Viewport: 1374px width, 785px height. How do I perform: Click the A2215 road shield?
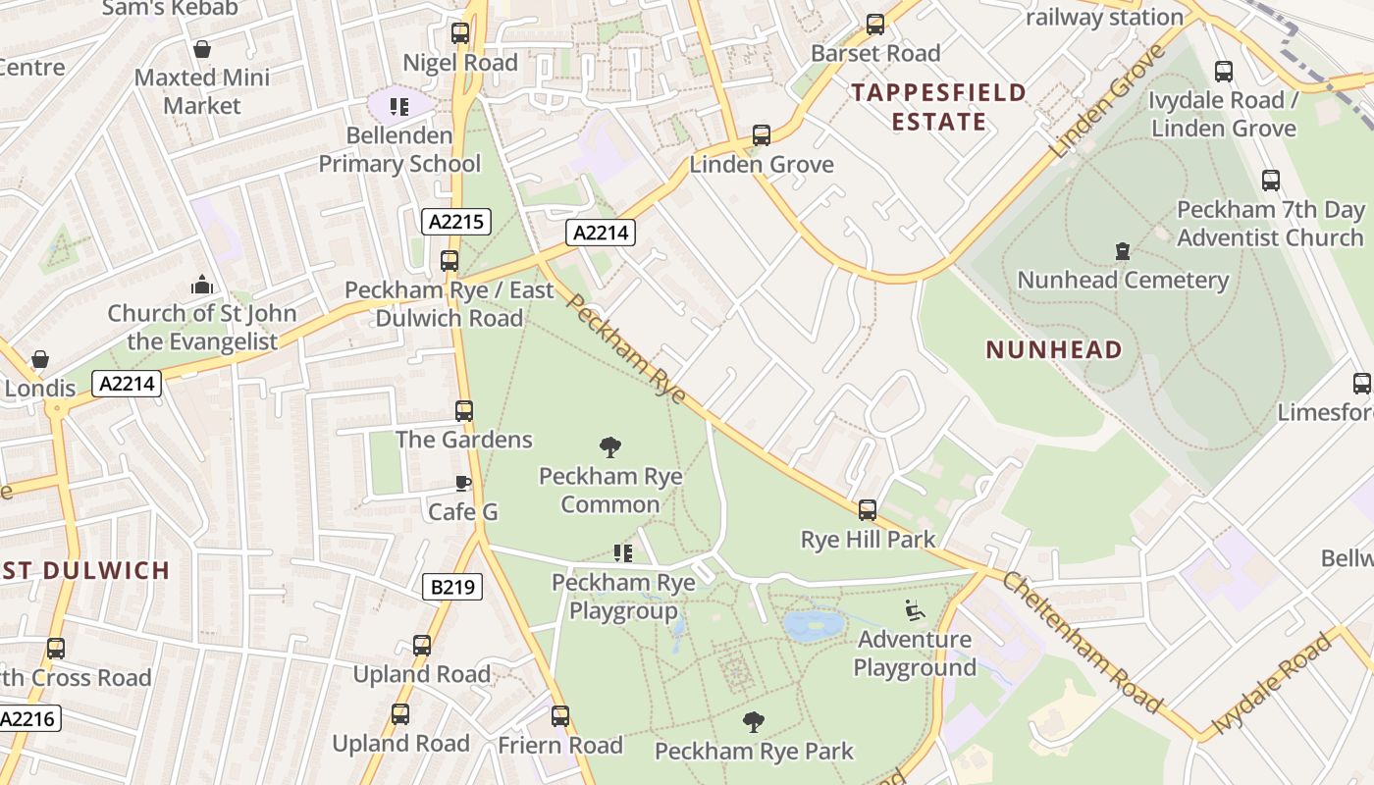click(456, 222)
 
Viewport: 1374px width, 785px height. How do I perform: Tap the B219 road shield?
click(452, 587)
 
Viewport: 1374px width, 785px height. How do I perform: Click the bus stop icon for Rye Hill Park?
click(868, 510)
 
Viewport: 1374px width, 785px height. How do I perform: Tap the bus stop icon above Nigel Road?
click(460, 33)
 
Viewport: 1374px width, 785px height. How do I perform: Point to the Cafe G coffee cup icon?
click(463, 483)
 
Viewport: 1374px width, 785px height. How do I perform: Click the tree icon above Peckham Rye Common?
click(610, 447)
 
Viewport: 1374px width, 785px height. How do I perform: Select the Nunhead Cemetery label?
click(1123, 280)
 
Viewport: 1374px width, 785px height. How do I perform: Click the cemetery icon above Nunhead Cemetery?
click(1123, 252)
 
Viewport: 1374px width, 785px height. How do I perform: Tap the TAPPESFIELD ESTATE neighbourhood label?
click(938, 107)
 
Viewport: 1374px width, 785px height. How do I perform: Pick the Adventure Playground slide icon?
click(915, 610)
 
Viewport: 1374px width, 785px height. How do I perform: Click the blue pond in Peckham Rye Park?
click(815, 625)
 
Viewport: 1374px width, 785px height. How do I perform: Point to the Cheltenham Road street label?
click(1082, 642)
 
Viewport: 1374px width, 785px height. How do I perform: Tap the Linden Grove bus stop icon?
click(762, 135)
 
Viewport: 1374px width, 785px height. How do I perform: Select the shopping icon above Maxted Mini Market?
click(202, 49)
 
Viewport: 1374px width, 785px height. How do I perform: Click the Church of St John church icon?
click(202, 286)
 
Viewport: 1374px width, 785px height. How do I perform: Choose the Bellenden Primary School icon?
click(398, 106)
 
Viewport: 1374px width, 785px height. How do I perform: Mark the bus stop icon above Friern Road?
click(560, 716)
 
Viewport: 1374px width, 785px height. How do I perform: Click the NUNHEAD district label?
click(1054, 349)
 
